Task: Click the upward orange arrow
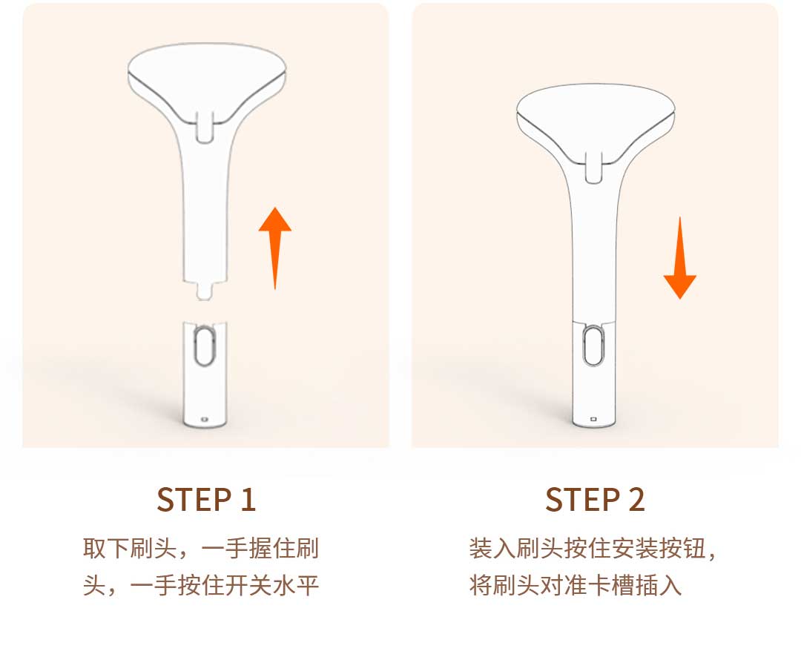[x=275, y=248]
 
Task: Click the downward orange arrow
[x=680, y=258]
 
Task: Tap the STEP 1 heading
[x=206, y=499]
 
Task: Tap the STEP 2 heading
[x=595, y=499]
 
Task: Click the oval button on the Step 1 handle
[x=205, y=347]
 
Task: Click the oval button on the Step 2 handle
[x=593, y=346]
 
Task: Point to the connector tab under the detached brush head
[x=205, y=291]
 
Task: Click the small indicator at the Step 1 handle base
[x=205, y=419]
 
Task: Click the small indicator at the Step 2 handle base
[x=593, y=419]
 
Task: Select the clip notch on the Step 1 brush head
[x=205, y=127]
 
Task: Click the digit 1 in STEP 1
[x=248, y=499]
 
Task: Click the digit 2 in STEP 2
[x=636, y=499]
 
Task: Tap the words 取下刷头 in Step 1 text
[x=130, y=549]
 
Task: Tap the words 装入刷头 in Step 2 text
[x=516, y=549]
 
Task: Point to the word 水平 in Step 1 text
[x=296, y=585]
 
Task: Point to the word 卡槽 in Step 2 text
[x=611, y=585]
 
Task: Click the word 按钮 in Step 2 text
[x=682, y=549]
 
